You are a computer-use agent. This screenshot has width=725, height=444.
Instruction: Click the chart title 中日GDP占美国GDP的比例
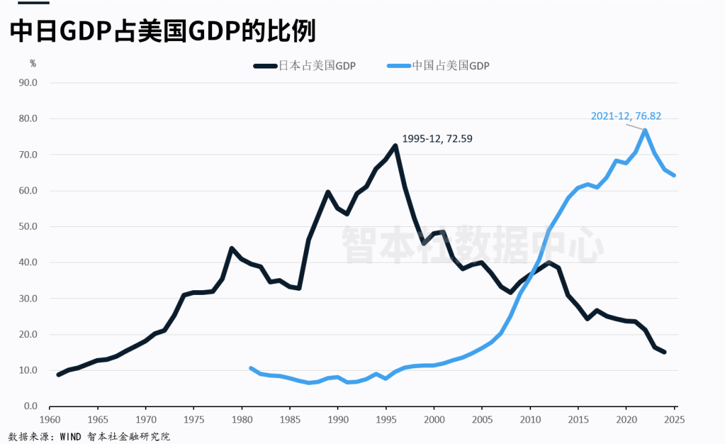[x=162, y=32]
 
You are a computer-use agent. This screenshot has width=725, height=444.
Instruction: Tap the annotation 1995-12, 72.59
[x=437, y=139]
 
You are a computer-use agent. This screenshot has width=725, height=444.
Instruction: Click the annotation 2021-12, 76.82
[x=626, y=116]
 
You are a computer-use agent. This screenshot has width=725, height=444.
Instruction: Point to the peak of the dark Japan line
[x=395, y=145]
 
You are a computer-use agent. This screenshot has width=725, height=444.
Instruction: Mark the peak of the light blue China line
[x=645, y=130]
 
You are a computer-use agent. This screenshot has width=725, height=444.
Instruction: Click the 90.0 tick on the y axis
[x=28, y=83]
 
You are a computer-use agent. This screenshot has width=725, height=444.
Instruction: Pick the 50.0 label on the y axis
[x=28, y=226]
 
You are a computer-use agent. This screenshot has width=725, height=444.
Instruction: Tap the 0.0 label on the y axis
[x=30, y=406]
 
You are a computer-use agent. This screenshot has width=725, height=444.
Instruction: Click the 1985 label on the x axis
[x=289, y=419]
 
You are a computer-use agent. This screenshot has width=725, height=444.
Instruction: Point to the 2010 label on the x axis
[x=530, y=419]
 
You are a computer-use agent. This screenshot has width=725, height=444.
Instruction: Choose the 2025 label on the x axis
[x=673, y=419]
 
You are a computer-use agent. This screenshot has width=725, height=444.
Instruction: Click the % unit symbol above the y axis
[x=32, y=63]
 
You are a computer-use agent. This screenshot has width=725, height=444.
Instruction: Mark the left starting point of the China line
[x=251, y=368]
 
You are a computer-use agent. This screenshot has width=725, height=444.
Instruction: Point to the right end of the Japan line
[x=664, y=352]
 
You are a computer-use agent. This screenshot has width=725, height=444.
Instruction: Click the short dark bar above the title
[x=25, y=2]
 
